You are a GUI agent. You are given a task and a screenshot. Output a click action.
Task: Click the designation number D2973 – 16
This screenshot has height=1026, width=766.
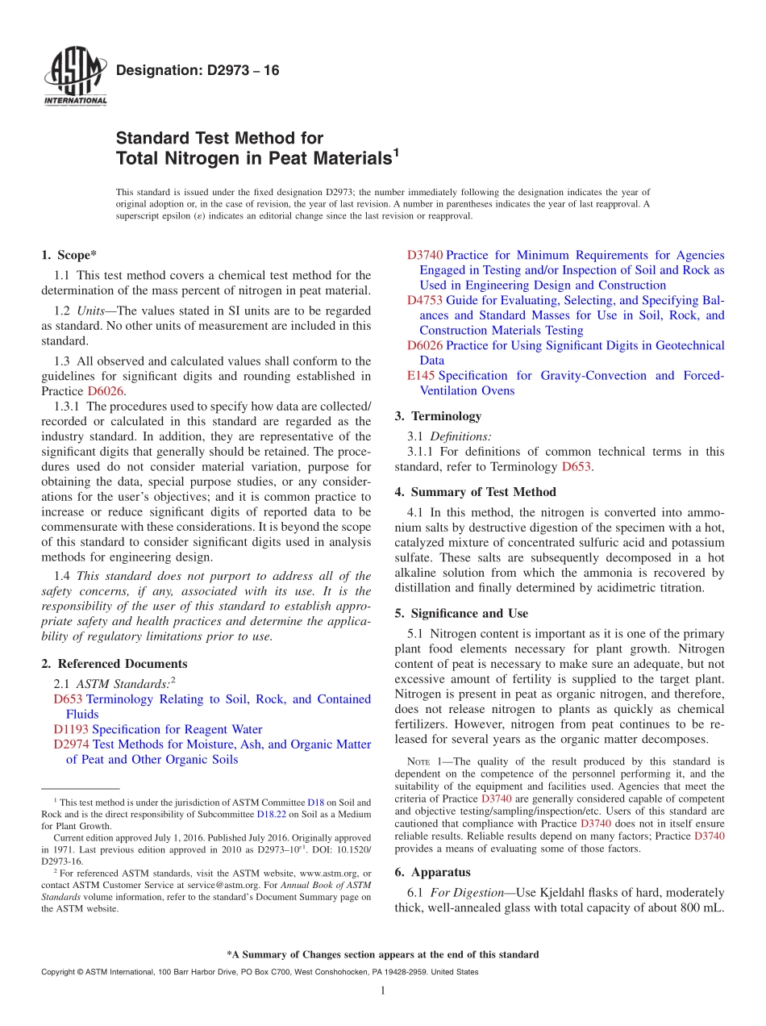coord(198,71)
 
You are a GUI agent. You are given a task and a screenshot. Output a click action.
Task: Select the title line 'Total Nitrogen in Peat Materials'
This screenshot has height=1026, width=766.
coord(254,159)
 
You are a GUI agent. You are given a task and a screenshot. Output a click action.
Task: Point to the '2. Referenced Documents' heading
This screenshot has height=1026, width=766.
coord(114,664)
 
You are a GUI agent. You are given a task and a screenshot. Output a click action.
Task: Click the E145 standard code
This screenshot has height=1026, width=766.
coord(421,376)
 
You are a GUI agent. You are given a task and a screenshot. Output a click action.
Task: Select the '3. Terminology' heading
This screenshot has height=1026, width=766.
coord(438,416)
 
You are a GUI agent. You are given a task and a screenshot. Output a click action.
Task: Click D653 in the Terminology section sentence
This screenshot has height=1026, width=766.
coord(576,467)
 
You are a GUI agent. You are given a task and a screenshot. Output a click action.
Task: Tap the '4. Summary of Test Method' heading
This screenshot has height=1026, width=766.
coord(475,492)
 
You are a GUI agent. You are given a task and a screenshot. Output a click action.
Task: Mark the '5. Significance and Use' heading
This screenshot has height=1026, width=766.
coord(461,614)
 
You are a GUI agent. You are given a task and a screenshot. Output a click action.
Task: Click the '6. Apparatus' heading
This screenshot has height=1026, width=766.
coord(432,872)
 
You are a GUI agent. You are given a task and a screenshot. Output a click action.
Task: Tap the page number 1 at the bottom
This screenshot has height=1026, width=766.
coord(382,991)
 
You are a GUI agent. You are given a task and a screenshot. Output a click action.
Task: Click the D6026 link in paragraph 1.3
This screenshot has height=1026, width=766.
coord(105,391)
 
